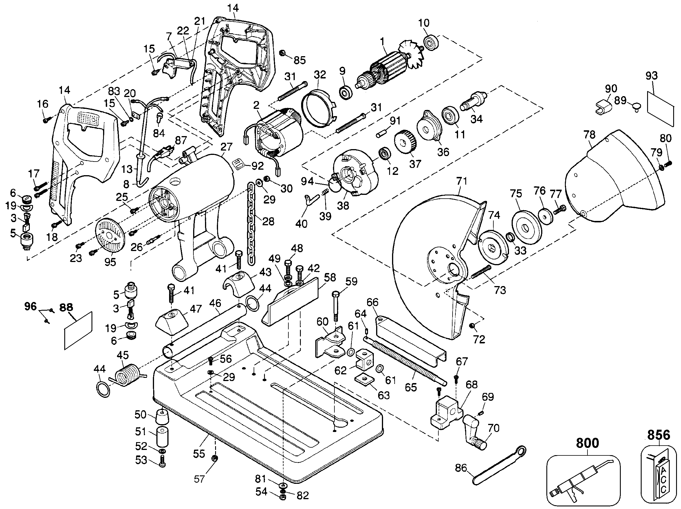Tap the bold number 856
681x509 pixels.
click(x=658, y=435)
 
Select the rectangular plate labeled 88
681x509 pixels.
click(x=78, y=330)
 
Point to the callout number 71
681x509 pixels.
click(x=462, y=181)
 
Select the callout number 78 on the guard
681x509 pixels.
click(x=589, y=135)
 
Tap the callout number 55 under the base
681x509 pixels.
click(x=199, y=454)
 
